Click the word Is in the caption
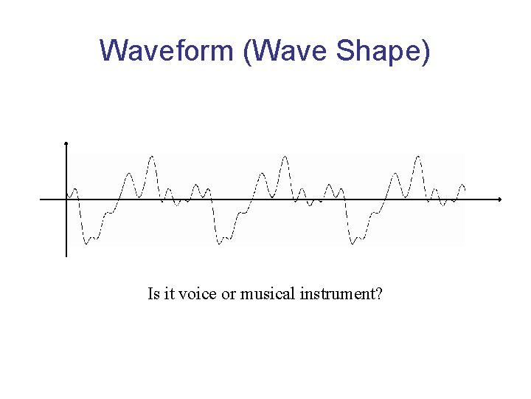click(153, 294)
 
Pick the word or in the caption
click(229, 294)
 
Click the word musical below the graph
click(268, 294)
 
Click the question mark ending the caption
click(378, 294)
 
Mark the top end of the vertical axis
click(66, 143)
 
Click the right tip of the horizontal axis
click(500, 199)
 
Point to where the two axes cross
click(66, 199)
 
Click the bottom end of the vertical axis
click(66, 256)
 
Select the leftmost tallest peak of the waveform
click(152, 157)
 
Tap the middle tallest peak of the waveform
click(285, 157)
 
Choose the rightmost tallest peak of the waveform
click(418, 157)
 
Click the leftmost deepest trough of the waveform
click(86, 243)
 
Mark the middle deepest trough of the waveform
click(220, 243)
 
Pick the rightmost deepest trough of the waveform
click(353, 243)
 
